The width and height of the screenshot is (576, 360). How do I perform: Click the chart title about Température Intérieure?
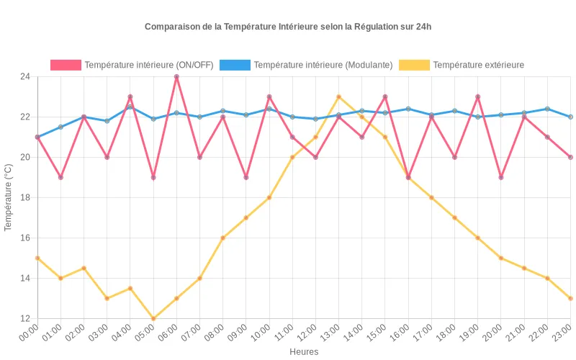pyautogui.click(x=288, y=27)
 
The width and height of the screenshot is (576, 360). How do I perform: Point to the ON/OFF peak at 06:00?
pyautogui.click(x=176, y=77)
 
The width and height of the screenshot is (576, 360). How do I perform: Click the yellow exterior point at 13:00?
pyautogui.click(x=338, y=97)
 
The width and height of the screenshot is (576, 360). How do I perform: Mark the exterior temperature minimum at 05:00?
pyautogui.click(x=153, y=318)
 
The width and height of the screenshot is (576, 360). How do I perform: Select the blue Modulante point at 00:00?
pyautogui.click(x=37, y=137)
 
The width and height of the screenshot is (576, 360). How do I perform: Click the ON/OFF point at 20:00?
pyautogui.click(x=500, y=177)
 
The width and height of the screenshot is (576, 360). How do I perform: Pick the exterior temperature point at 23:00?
pyautogui.click(x=570, y=298)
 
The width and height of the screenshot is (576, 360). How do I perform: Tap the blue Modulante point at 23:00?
pyautogui.click(x=570, y=117)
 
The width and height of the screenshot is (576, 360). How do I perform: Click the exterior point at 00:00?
pyautogui.click(x=37, y=258)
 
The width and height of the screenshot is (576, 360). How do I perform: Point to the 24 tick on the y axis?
pyautogui.click(x=25, y=77)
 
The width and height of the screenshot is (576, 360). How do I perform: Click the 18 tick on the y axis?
pyautogui.click(x=25, y=197)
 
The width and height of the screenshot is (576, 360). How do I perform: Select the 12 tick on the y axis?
pyautogui.click(x=25, y=318)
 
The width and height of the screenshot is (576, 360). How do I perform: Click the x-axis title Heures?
pyautogui.click(x=304, y=352)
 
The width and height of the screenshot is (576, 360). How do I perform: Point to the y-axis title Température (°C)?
pyautogui.click(x=9, y=197)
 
